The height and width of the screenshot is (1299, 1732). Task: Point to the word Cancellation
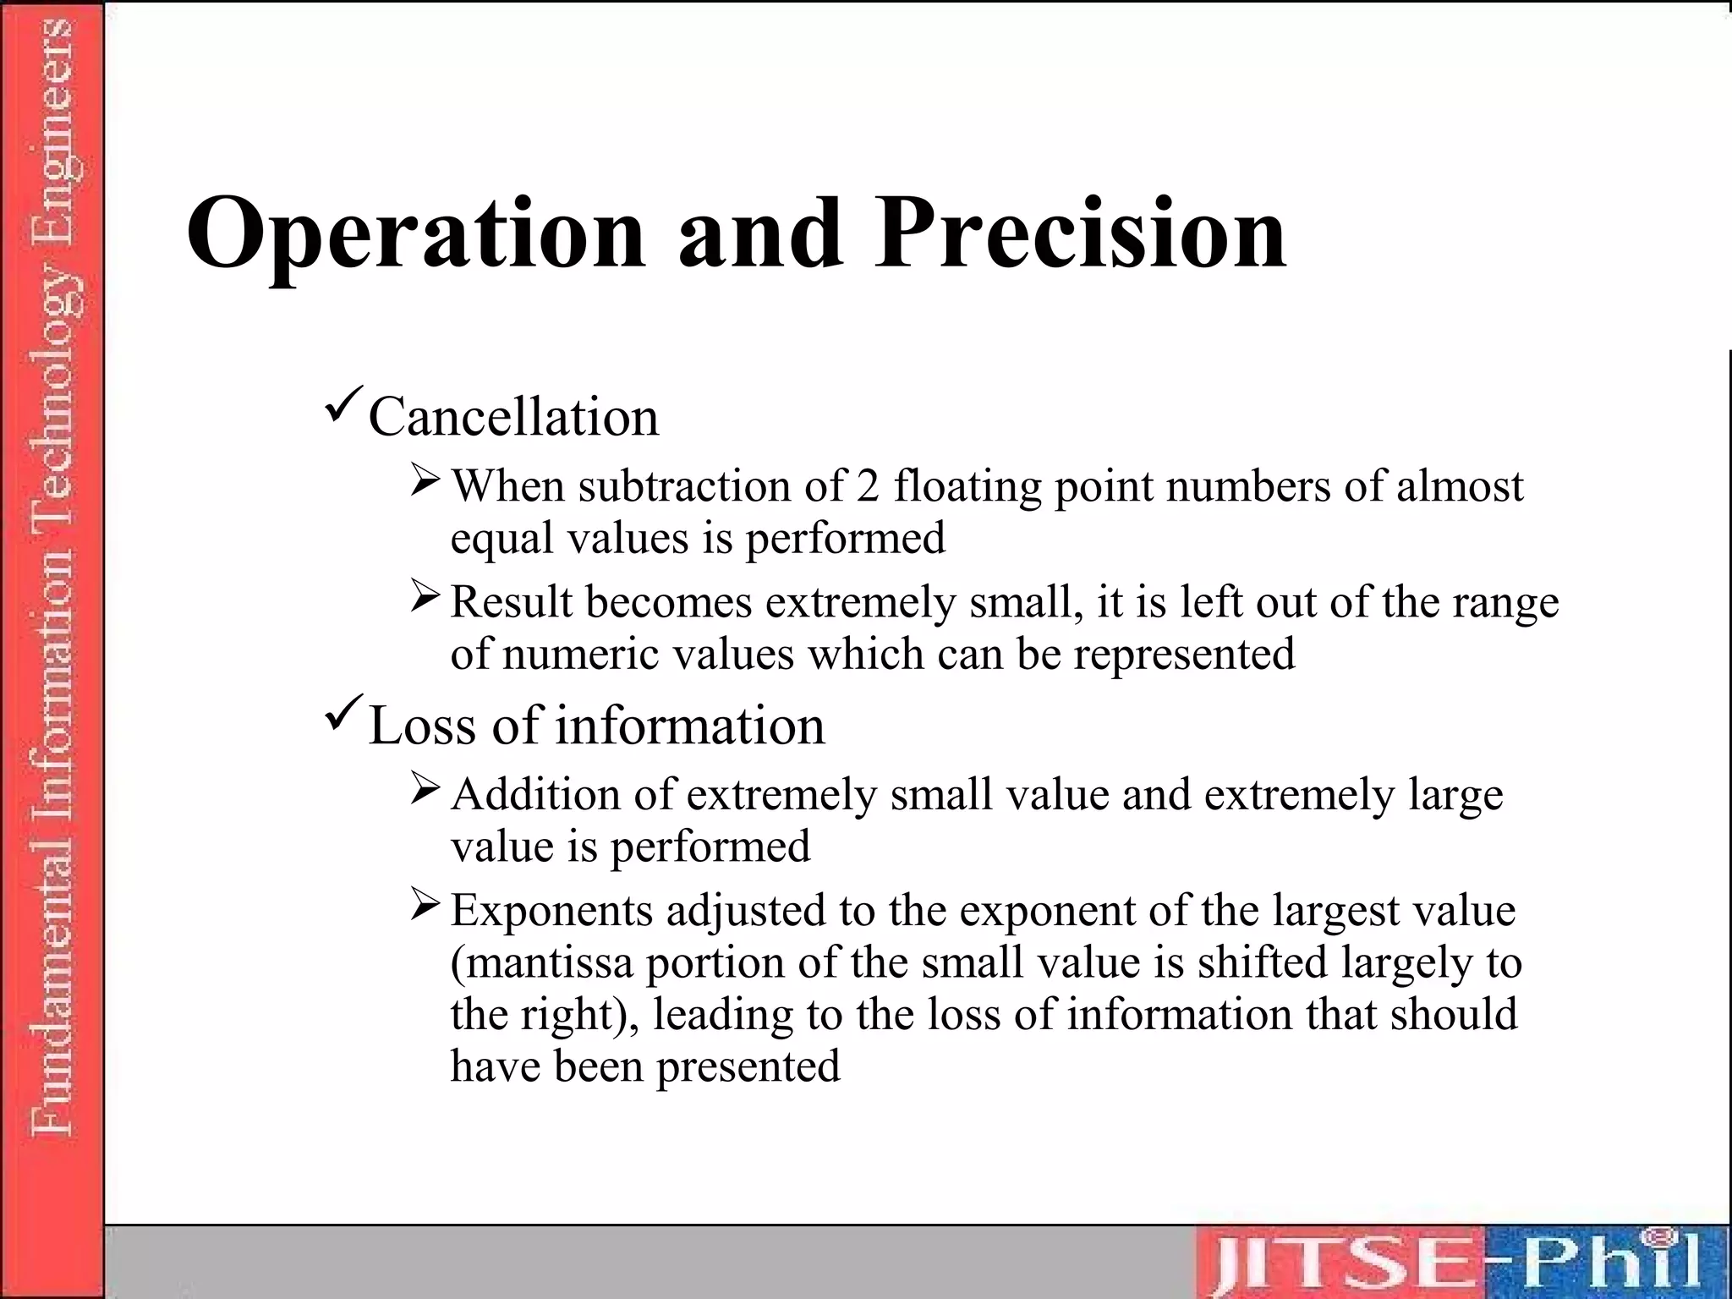(x=513, y=417)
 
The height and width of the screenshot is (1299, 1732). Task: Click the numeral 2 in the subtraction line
(x=867, y=487)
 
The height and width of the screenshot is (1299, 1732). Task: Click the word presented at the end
(x=748, y=1067)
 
